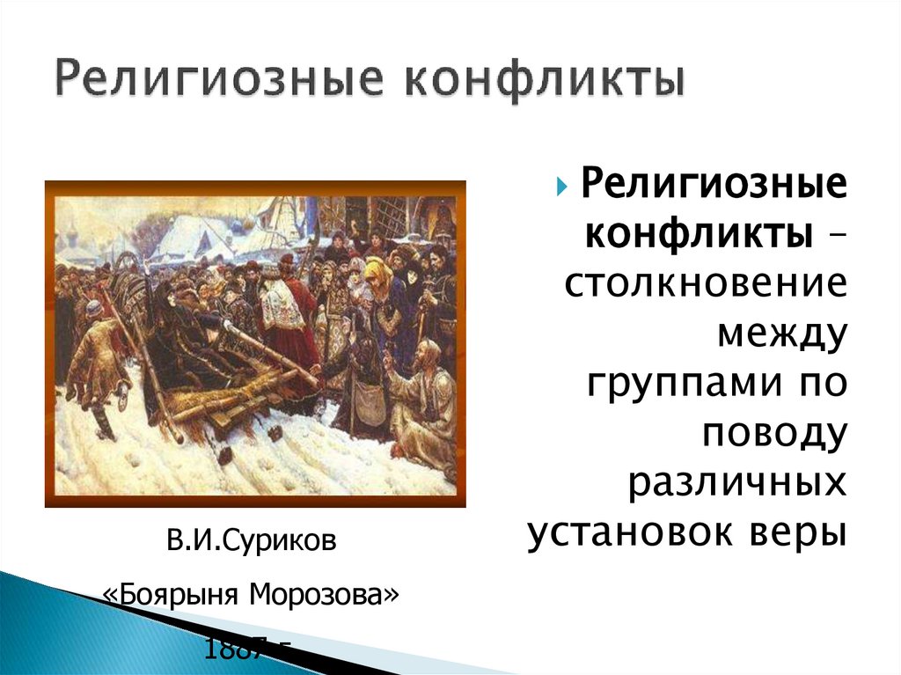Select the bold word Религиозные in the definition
(713, 187)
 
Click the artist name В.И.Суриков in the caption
(253, 539)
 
